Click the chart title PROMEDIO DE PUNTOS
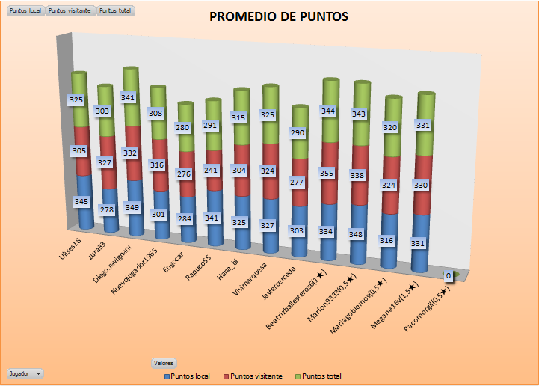pyautogui.click(x=278, y=17)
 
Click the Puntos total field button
pyautogui.click(x=115, y=11)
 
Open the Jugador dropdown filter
pyautogui.click(x=25, y=373)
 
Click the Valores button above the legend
pyautogui.click(x=164, y=363)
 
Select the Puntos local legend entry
pyautogui.click(x=187, y=376)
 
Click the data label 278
pyautogui.click(x=105, y=209)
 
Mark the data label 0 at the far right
pyautogui.click(x=449, y=275)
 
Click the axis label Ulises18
pyautogui.click(x=72, y=247)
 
